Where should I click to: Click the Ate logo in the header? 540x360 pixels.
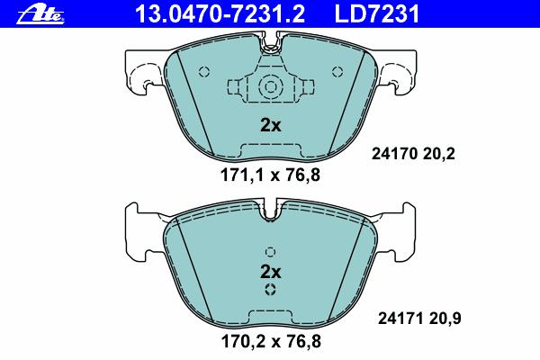pyautogui.click(x=40, y=15)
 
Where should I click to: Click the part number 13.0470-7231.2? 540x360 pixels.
pyautogui.click(x=220, y=13)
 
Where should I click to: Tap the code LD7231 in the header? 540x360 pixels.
pyautogui.click(x=377, y=13)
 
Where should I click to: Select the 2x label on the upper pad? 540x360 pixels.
pyautogui.click(x=270, y=126)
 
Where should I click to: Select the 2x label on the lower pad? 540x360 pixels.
pyautogui.click(x=270, y=272)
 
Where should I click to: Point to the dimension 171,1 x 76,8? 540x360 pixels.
pyautogui.click(x=270, y=175)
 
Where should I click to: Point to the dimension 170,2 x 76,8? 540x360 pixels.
pyautogui.click(x=271, y=341)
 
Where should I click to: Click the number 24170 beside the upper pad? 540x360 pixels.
pyautogui.click(x=394, y=153)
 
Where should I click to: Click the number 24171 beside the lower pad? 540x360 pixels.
pyautogui.click(x=400, y=319)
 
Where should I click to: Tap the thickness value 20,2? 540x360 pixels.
pyautogui.click(x=439, y=154)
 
